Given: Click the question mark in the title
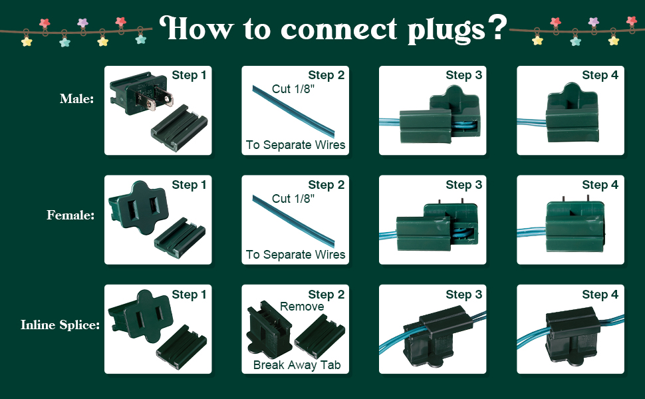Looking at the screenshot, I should coord(495,29).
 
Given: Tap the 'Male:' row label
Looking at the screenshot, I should coord(76,99).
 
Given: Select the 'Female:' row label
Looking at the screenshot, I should coord(70,215).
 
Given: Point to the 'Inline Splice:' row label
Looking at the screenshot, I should coord(60,325).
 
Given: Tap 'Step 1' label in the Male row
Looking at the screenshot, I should coord(189,75).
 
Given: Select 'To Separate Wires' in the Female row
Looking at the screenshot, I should coord(295,255).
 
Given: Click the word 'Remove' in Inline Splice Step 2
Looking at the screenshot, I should coord(302,307).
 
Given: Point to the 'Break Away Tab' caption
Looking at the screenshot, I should coord(296,365).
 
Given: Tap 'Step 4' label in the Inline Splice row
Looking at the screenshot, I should coord(600,295).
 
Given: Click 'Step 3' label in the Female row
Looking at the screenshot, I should coord(463,185).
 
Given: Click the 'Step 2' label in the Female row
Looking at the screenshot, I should coord(326,185).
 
